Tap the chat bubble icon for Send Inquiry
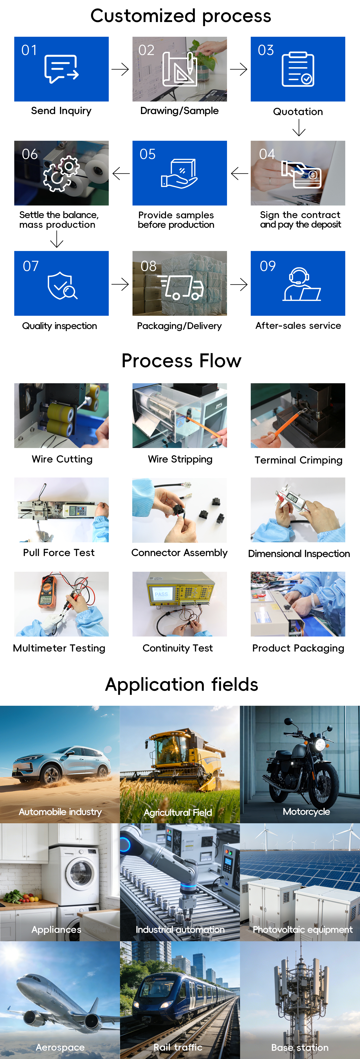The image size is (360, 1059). pos(61,69)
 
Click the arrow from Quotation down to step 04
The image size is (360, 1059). pos(299,127)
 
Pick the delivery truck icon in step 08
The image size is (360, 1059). pos(181,287)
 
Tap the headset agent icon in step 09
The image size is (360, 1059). pos(301,284)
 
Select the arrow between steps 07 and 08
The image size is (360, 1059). pos(120,284)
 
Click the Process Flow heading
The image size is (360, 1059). pos(181,360)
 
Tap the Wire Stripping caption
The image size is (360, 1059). pos(180,459)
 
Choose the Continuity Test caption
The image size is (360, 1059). pos(177,648)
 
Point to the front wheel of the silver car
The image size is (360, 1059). pos(51,775)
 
